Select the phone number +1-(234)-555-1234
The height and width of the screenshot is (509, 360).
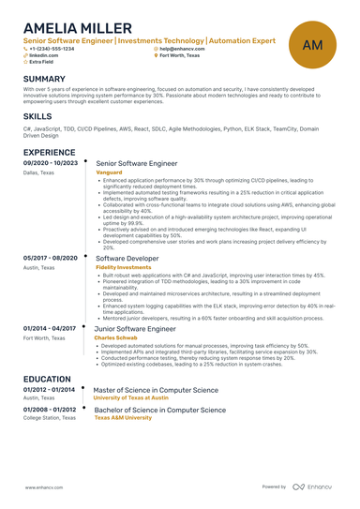52,49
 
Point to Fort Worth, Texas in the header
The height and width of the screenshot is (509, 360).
183,55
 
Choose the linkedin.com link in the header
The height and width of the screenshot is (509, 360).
42,55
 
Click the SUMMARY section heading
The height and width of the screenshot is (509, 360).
44,79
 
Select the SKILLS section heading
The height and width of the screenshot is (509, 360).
37,116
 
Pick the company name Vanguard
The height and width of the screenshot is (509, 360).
110,172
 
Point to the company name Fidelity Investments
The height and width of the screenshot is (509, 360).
123,267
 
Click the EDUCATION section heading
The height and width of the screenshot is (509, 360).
47,379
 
